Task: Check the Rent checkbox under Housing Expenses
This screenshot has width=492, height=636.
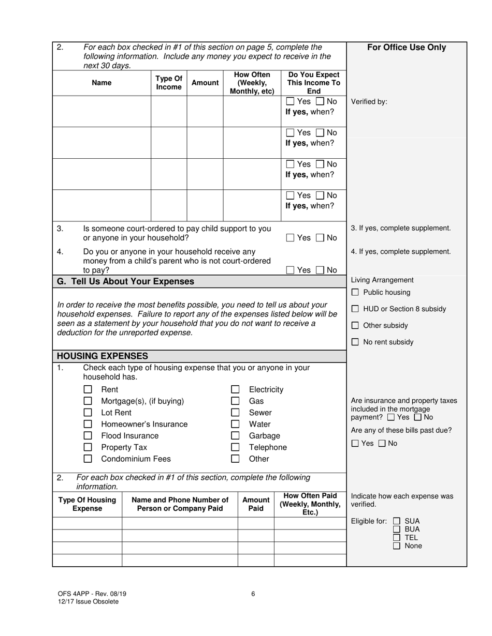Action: (x=88, y=389)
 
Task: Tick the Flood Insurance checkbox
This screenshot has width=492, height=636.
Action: (x=88, y=436)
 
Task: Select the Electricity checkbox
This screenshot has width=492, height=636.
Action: (x=235, y=389)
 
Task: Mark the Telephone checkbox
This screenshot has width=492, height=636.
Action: (x=235, y=447)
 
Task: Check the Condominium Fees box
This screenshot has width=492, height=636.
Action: (x=88, y=459)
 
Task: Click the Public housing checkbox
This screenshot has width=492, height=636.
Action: (x=355, y=293)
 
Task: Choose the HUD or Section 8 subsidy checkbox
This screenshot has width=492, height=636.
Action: (x=355, y=309)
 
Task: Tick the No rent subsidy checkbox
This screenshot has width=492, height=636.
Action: (x=355, y=342)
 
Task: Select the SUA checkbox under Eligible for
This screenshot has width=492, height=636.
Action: (x=397, y=521)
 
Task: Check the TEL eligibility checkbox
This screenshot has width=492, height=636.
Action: (x=397, y=538)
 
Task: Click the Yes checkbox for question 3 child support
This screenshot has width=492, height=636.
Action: (x=290, y=238)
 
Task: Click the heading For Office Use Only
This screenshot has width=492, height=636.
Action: (x=407, y=48)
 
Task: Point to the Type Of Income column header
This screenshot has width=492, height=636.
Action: (x=169, y=83)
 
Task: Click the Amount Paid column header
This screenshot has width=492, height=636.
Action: (x=256, y=504)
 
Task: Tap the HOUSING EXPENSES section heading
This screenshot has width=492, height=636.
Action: (x=102, y=356)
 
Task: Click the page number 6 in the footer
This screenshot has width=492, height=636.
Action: (x=253, y=594)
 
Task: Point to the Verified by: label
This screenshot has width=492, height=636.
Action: (x=369, y=102)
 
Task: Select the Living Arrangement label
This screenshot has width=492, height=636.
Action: (x=382, y=280)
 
